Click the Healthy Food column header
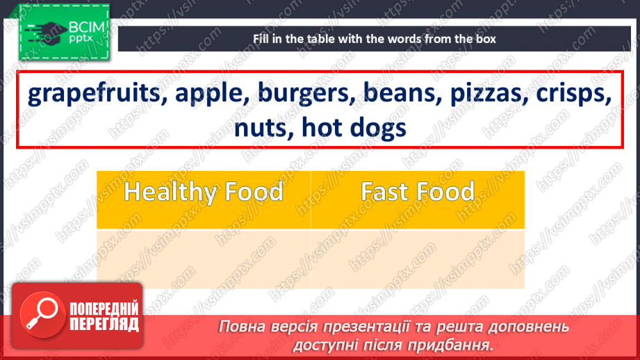(x=204, y=192)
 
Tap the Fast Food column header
(x=418, y=192)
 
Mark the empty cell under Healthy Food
(x=204, y=259)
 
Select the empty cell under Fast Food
(x=418, y=259)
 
